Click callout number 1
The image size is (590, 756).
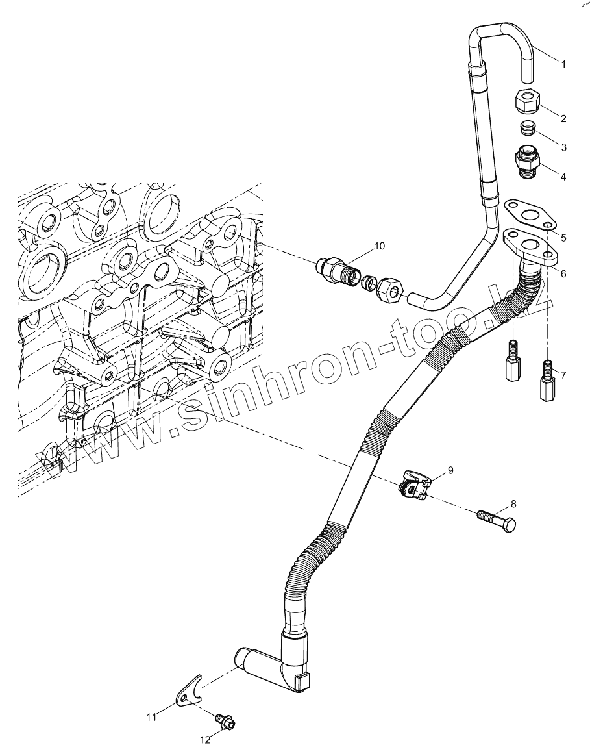[x=563, y=64]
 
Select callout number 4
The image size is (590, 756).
[x=563, y=177]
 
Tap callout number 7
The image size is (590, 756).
[x=563, y=375]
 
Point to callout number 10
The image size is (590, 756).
[x=379, y=246]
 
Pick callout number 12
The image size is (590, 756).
[x=205, y=740]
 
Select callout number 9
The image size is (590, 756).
[x=450, y=469]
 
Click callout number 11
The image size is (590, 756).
[x=151, y=717]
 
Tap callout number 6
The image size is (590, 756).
[x=563, y=273]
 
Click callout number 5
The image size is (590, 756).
[x=563, y=238]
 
